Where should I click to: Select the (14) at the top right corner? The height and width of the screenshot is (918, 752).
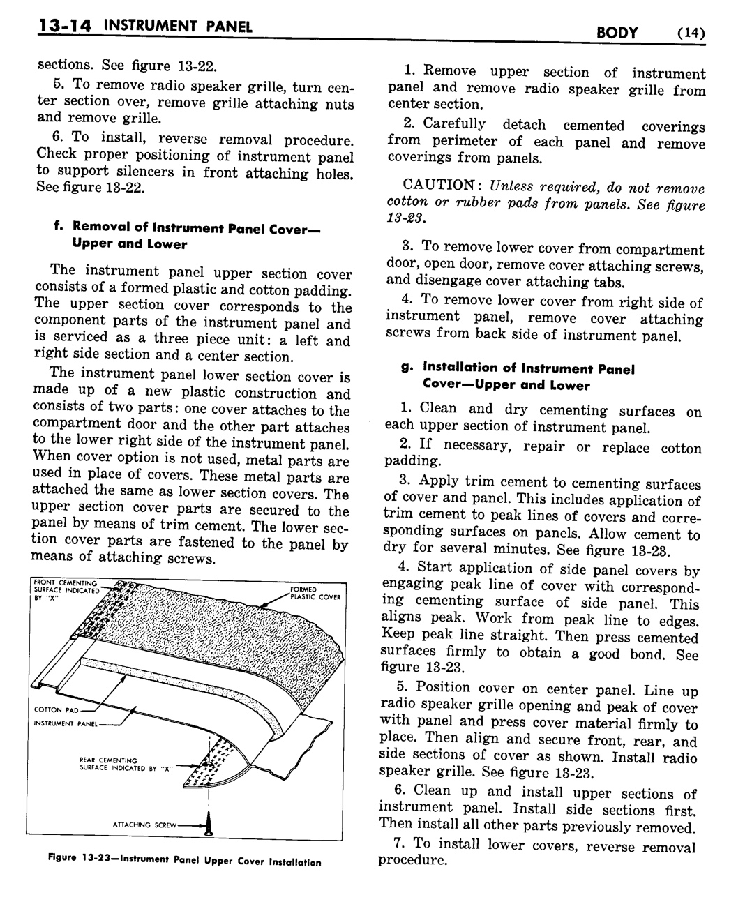[x=690, y=33]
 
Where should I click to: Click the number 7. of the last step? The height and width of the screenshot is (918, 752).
[x=400, y=843]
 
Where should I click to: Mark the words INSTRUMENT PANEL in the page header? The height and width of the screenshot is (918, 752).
[x=178, y=27]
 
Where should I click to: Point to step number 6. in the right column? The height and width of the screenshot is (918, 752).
[x=400, y=790]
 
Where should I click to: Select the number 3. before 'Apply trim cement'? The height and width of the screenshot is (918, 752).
[x=405, y=480]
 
